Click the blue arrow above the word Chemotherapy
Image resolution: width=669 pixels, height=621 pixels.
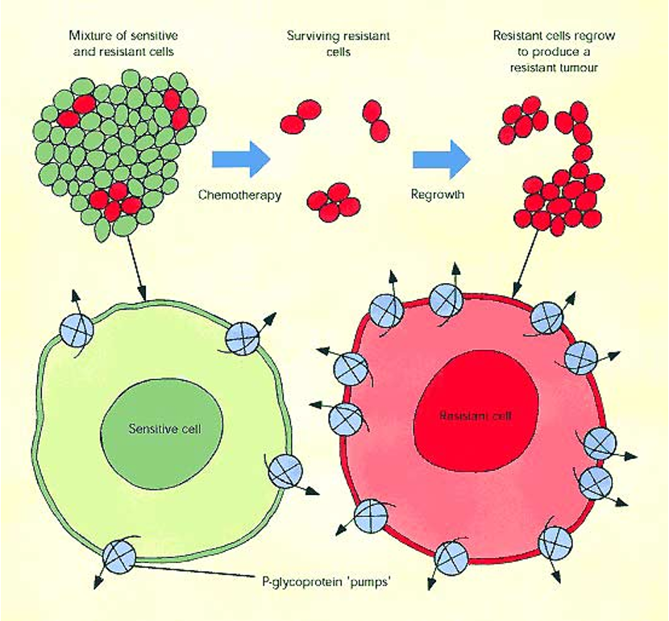(x=240, y=158)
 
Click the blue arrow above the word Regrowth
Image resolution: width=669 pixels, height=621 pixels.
(x=441, y=158)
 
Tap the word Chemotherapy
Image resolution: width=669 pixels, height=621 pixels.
(x=239, y=195)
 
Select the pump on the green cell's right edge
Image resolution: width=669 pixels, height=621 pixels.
(x=285, y=470)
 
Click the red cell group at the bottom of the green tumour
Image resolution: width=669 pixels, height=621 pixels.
(x=112, y=199)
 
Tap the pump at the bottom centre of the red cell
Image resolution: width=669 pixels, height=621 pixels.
(x=451, y=556)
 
